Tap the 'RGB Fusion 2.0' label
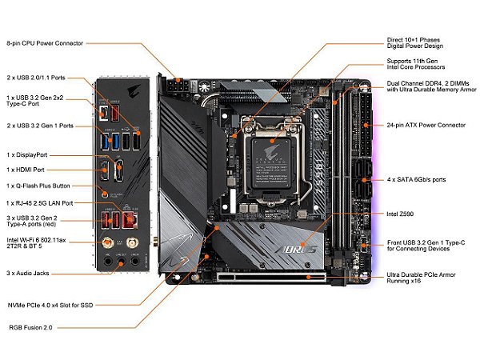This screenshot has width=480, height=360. (31, 326)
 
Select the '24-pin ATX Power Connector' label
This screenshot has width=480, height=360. (426, 125)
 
